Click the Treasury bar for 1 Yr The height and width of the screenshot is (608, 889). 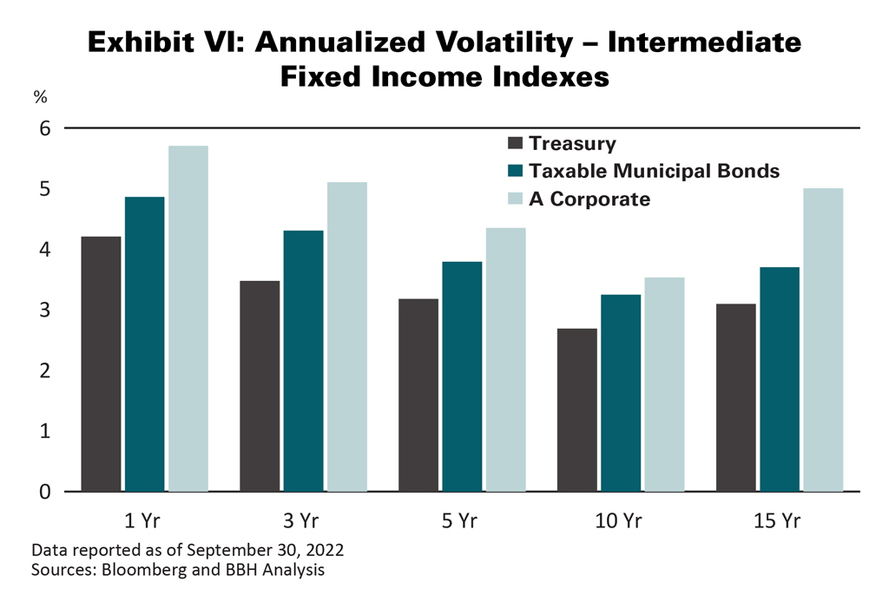101,364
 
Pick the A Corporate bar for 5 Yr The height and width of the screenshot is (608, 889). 505,360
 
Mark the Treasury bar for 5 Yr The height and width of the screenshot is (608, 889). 418,396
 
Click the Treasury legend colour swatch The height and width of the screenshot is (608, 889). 515,144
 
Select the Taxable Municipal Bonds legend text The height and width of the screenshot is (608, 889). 654,171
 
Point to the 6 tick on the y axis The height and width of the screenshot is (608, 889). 45,128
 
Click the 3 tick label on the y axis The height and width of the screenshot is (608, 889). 45,311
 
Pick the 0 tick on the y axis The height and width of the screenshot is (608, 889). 45,492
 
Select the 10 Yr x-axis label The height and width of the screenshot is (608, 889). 620,521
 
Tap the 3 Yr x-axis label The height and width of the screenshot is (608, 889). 302,521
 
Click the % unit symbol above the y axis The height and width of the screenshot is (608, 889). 40,97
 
